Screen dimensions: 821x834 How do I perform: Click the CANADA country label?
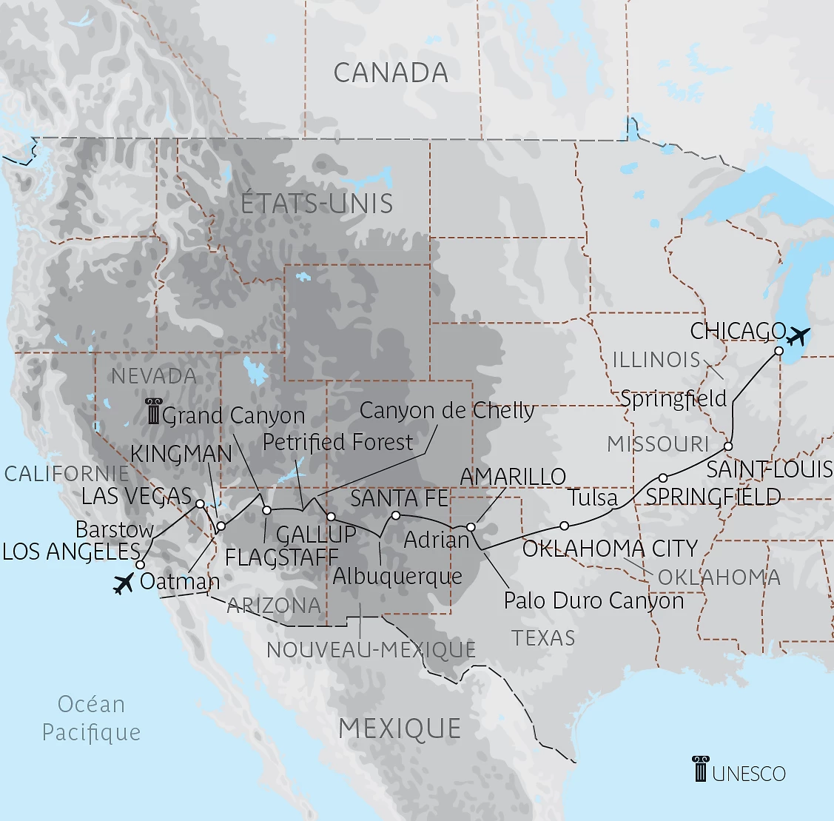point(391,73)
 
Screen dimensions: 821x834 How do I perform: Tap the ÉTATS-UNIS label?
point(317,204)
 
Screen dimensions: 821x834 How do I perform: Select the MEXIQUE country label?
point(400,728)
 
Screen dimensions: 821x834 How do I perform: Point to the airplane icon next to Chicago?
point(798,335)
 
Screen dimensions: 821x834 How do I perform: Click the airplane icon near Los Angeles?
point(123,583)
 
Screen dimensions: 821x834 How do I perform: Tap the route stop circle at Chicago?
point(778,351)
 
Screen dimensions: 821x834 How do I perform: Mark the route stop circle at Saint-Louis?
point(728,446)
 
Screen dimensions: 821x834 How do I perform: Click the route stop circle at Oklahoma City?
point(564,526)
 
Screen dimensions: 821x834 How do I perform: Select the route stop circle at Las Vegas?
point(200,503)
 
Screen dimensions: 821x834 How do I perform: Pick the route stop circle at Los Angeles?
point(139,565)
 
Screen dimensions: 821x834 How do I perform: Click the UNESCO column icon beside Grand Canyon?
point(153,412)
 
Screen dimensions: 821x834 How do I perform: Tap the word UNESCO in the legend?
point(749,774)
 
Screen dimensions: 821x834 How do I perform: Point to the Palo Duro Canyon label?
point(593,600)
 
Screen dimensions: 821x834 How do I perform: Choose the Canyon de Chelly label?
point(447,410)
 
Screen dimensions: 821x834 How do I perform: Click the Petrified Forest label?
point(337,442)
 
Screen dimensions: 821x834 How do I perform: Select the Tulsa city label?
point(593,497)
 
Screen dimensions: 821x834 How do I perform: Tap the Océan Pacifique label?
point(91,717)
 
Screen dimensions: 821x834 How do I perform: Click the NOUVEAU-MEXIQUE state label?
point(371,650)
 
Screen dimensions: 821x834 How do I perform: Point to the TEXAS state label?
point(543,637)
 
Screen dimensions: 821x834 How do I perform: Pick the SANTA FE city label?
point(400,497)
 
